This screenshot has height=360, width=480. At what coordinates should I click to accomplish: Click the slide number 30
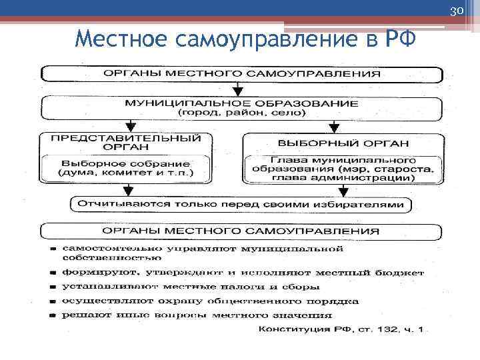tap(457, 11)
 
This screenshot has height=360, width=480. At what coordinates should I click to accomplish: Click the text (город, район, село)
tap(241, 113)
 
